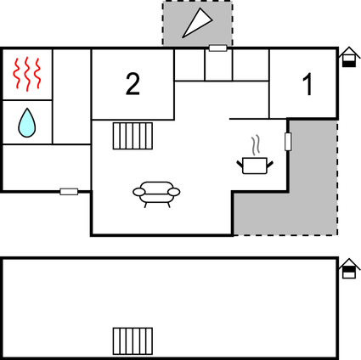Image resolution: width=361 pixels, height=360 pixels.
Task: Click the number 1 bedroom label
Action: click(x=307, y=84)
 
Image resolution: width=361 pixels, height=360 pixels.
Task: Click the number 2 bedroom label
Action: click(x=133, y=84)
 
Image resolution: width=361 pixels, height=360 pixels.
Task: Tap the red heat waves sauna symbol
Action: click(x=27, y=74)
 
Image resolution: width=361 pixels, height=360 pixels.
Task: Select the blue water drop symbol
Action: click(x=27, y=122)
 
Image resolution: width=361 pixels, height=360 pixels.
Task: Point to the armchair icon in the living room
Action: click(x=156, y=194)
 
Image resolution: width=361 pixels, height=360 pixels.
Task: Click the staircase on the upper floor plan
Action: click(x=133, y=136)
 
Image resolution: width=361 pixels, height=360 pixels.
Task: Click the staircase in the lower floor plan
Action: click(x=133, y=341)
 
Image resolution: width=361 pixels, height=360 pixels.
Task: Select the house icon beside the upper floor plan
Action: click(x=349, y=57)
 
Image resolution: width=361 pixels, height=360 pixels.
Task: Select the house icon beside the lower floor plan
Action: click(x=349, y=268)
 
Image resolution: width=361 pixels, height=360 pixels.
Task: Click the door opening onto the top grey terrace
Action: click(x=218, y=48)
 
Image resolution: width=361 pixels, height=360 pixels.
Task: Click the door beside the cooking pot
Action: click(x=288, y=142)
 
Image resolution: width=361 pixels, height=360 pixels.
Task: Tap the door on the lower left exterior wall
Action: click(x=69, y=192)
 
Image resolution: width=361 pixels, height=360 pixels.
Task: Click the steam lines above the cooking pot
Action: click(x=256, y=145)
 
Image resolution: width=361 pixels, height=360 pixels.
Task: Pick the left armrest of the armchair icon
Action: click(x=139, y=192)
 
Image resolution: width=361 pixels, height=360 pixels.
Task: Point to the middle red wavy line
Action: click(x=27, y=74)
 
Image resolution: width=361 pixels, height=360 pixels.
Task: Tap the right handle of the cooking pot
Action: click(x=270, y=164)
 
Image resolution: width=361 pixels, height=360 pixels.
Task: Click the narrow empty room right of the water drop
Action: click(x=71, y=97)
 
